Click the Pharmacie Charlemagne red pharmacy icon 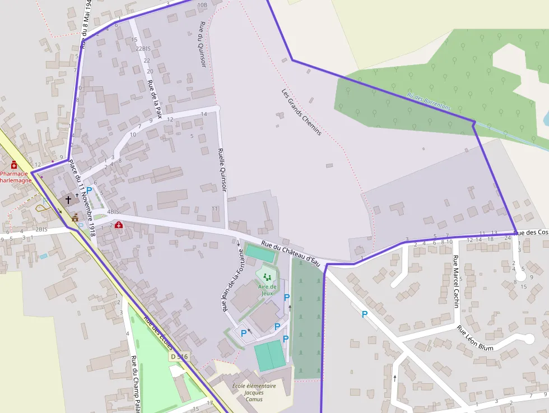(14, 164)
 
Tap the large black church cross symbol (68, 199)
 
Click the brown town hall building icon (75, 217)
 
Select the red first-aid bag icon (118, 225)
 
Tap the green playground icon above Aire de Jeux (267, 276)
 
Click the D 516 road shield (179, 356)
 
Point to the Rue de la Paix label (155, 99)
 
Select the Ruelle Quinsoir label (222, 170)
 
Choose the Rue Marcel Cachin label (457, 281)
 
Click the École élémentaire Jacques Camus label (254, 392)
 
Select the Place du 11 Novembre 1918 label (82, 197)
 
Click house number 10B (202, 5)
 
